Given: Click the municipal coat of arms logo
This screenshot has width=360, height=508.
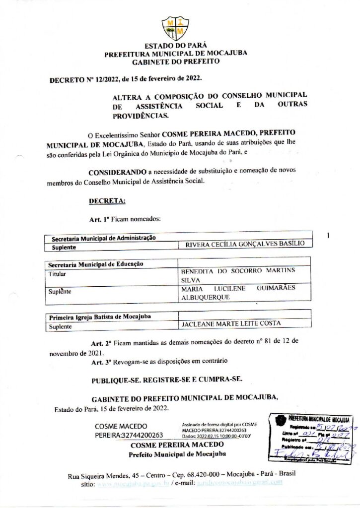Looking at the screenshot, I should [175, 28].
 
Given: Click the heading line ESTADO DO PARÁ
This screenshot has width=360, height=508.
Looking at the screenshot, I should [175, 46].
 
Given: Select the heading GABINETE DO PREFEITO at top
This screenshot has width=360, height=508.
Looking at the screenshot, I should [175, 62].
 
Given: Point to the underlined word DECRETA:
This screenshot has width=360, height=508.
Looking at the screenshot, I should [107, 201].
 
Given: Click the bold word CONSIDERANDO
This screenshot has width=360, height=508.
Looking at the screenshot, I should [117, 172].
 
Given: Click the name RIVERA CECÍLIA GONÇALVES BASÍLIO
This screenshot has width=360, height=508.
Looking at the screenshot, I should [241, 244].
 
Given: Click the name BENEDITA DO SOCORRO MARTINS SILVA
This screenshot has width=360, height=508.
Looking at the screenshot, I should [238, 275].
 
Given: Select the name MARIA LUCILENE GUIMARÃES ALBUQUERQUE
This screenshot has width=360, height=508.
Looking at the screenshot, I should [238, 292].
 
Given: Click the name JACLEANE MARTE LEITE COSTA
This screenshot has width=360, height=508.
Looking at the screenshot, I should [231, 323].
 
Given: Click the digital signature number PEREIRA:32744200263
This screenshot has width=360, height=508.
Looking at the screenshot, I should [129, 435].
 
